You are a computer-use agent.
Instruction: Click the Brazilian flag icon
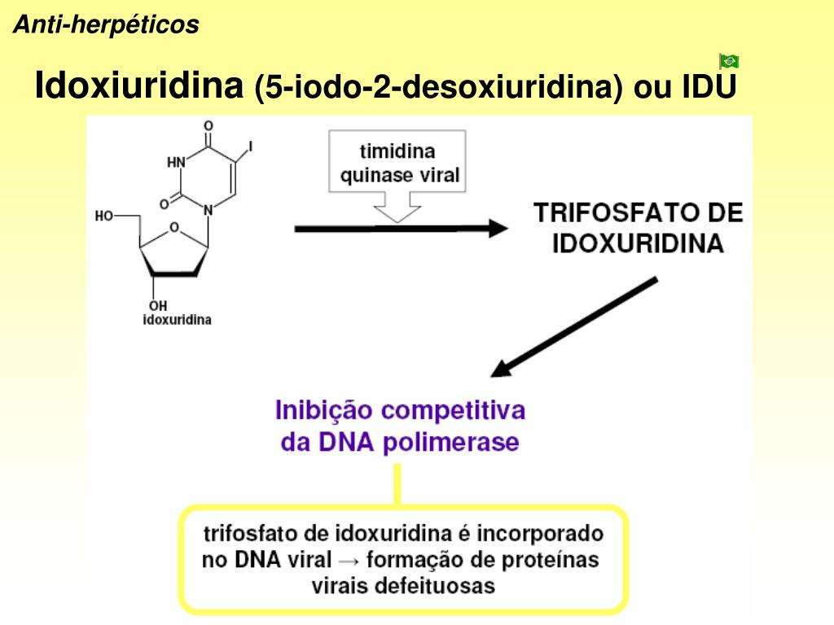pyautogui.click(x=729, y=61)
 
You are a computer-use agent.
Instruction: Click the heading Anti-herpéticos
pyautogui.click(x=106, y=25)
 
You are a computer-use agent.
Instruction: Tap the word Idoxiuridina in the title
pyautogui.click(x=139, y=85)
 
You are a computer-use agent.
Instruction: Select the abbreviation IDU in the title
pyautogui.click(x=709, y=87)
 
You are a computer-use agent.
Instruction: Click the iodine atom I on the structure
pyautogui.click(x=251, y=146)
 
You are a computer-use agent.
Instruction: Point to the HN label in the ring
pyautogui.click(x=176, y=162)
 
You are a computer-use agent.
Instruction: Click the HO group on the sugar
pyautogui.click(x=104, y=216)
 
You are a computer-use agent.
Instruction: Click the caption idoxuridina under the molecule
pyautogui.click(x=177, y=320)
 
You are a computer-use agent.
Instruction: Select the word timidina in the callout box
pyautogui.click(x=397, y=151)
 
